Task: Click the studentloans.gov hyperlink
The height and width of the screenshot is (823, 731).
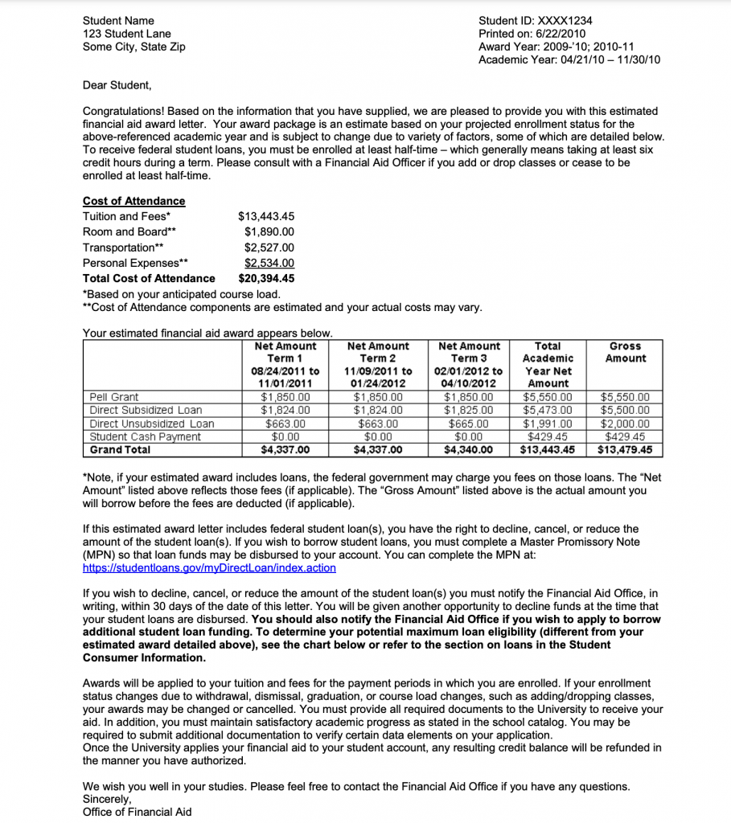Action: coord(209,567)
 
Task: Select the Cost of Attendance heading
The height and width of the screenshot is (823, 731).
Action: coord(133,201)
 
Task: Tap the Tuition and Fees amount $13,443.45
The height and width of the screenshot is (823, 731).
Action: coord(266,216)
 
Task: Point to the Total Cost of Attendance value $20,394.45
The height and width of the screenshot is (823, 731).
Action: coord(266,278)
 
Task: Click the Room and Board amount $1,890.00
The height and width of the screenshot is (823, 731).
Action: coord(269,231)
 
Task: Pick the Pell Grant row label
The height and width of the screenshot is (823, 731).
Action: coord(114,397)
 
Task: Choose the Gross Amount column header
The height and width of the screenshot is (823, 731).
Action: coord(625,352)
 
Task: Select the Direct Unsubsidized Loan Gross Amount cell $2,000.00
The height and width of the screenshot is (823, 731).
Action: coord(625,424)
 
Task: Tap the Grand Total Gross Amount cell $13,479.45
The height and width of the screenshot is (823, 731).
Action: coord(625,450)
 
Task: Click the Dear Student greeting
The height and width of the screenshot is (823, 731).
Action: coord(117,84)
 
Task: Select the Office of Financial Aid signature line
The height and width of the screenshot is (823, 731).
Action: coord(137,812)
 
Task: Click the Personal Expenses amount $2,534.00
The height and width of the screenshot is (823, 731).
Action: coord(269,263)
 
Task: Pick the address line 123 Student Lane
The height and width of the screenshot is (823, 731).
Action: coord(126,34)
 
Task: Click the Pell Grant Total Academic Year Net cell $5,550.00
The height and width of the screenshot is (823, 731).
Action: coord(548,397)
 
